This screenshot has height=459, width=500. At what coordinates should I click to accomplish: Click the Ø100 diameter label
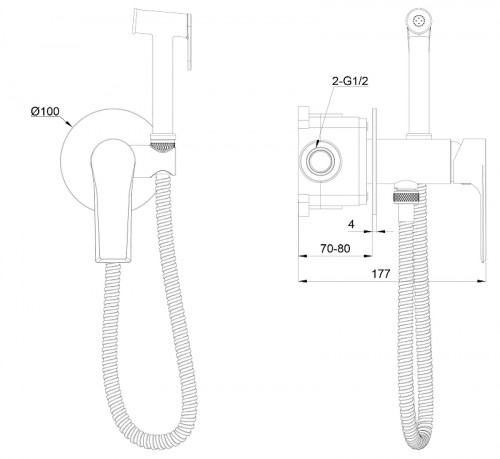(45, 111)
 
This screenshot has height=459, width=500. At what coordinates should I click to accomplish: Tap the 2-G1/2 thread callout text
(350, 81)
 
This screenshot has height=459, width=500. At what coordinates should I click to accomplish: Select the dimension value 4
(351, 224)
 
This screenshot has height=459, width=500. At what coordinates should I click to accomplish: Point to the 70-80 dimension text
(335, 248)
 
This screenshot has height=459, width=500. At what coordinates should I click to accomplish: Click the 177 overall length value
(381, 274)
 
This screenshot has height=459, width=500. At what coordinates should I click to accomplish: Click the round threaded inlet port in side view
(321, 162)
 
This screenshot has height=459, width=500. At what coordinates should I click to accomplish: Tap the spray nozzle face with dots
(418, 21)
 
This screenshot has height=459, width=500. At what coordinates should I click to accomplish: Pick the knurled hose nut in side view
(406, 197)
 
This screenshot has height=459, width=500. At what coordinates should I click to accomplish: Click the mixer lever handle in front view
(113, 200)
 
